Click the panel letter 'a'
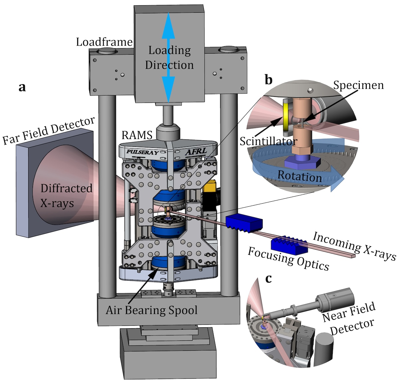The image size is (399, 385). pos(22,88)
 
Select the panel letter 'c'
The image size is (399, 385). pos(268,279)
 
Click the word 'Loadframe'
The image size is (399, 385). pos(104,42)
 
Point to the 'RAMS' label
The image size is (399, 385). pos(137,135)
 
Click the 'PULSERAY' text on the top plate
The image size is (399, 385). pos(142,152)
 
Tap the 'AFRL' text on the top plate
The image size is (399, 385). pos(196,152)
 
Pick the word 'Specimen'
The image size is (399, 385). pos(358,85)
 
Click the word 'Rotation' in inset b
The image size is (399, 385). pos(300,176)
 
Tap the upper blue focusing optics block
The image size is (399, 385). pos(244,223)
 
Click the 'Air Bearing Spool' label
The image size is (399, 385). pos(152,310)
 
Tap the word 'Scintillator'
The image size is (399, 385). pos(268,141)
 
